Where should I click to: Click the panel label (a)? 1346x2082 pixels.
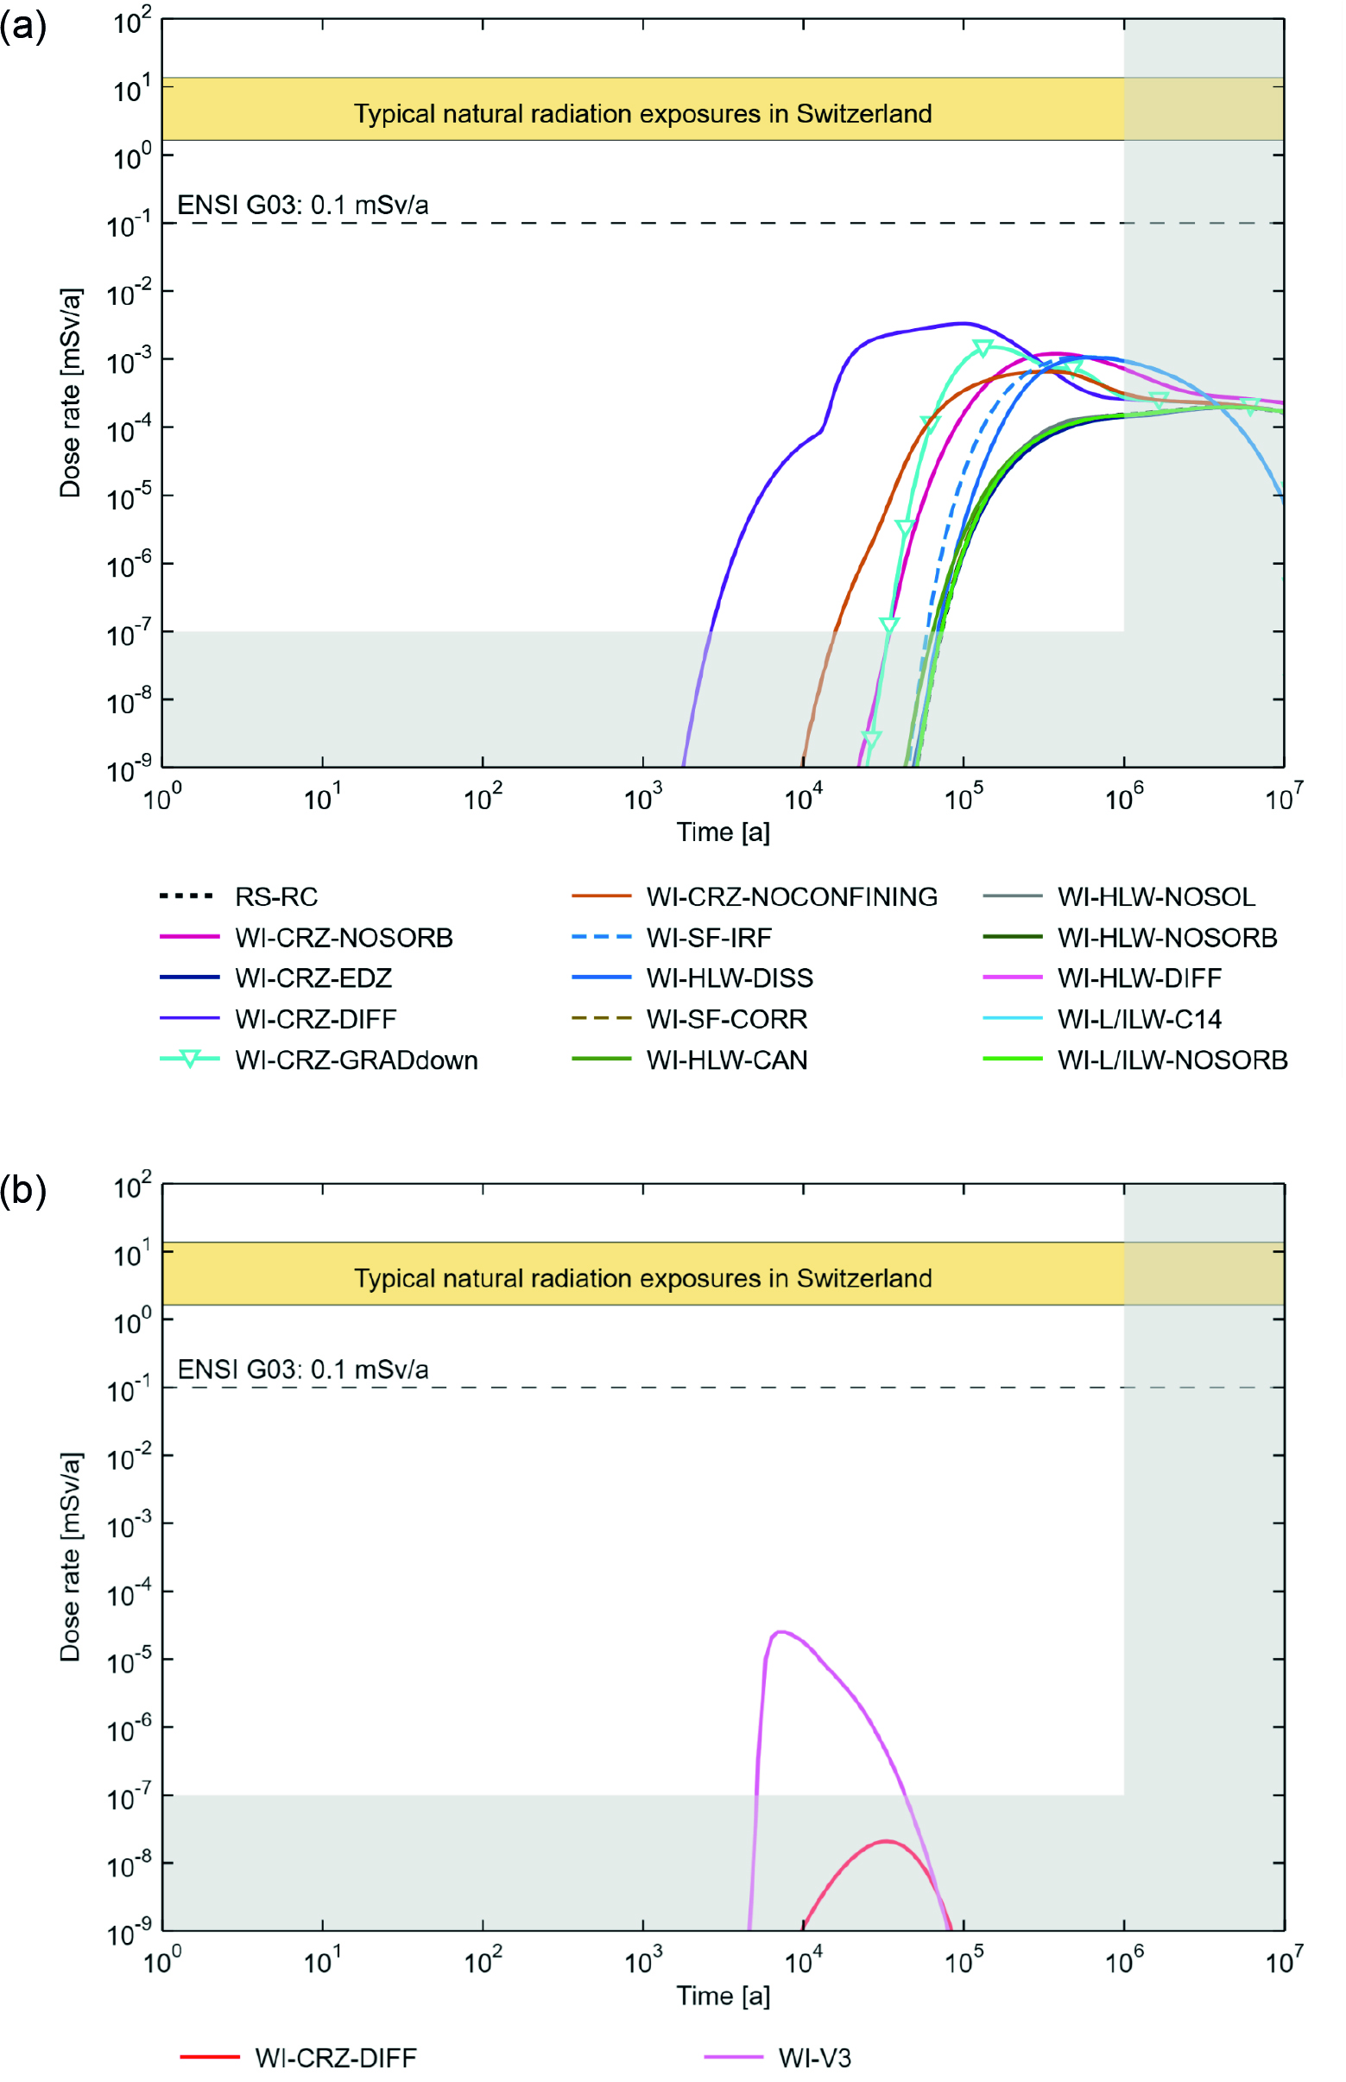[22, 26]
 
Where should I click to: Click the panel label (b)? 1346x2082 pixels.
[22, 1191]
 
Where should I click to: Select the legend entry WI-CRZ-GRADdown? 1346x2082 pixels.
[356, 1060]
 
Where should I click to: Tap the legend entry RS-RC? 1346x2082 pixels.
[276, 896]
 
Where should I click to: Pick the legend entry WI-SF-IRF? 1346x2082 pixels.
[709, 938]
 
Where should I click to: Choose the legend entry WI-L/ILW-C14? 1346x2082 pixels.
[1139, 1019]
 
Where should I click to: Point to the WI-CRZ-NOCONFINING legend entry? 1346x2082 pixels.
[791, 896]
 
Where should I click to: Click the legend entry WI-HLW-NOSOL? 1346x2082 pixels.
[1155, 896]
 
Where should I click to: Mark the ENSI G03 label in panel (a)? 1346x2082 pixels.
[302, 205]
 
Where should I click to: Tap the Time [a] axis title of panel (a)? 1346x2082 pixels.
[723, 832]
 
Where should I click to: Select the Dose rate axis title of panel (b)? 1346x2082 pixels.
[70, 1557]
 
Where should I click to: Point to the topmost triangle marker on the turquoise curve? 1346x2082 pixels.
[983, 349]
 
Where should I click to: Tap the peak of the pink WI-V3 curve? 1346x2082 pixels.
[780, 1632]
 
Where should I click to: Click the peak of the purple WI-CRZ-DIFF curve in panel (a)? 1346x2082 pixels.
[962, 324]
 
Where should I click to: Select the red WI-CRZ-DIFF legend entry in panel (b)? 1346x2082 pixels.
[335, 2058]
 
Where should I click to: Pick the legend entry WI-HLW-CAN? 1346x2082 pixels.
[726, 1060]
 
